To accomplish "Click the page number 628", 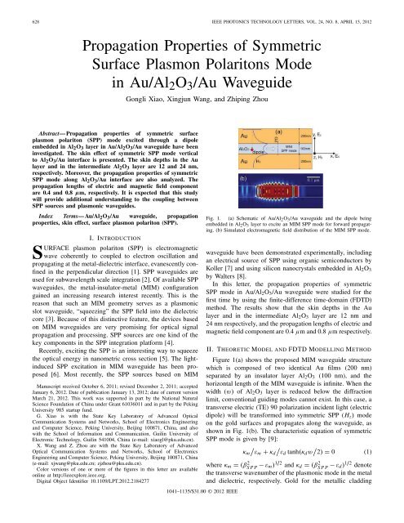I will (x=14, y=10).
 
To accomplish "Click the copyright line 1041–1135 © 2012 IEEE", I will (x=202, y=516).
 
